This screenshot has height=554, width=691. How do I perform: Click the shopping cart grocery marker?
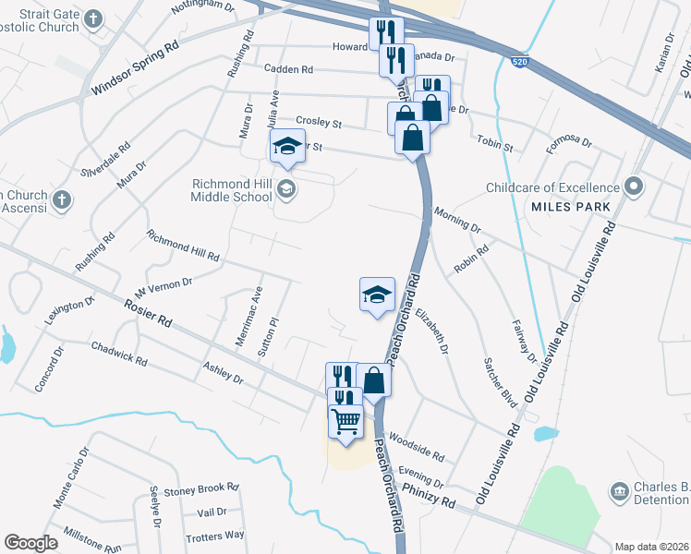point(346,423)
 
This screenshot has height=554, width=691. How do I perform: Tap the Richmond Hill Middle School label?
point(231,190)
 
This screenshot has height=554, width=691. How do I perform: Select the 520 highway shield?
point(521,62)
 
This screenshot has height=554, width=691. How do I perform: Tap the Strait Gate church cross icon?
point(93,18)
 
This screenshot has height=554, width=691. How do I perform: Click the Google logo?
point(30,543)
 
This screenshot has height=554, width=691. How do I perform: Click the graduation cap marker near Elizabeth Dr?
point(377,295)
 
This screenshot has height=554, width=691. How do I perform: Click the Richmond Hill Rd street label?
point(183,245)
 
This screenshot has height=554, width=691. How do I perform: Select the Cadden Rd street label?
point(288,69)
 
